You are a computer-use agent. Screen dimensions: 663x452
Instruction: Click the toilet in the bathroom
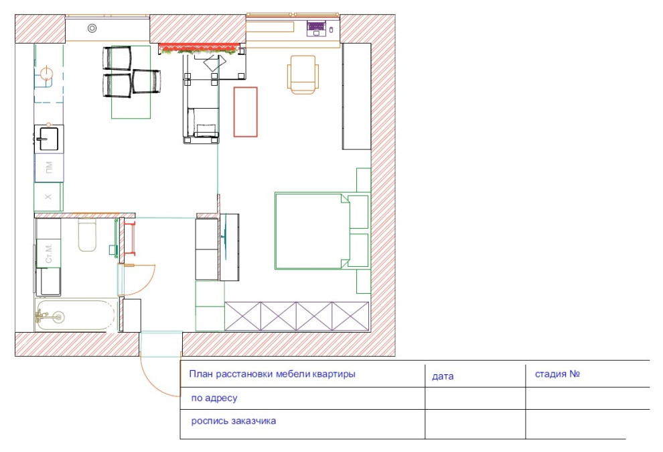[87, 235]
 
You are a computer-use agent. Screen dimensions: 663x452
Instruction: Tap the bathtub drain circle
[58, 316]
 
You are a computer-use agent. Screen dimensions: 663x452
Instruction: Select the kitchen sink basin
[48, 139]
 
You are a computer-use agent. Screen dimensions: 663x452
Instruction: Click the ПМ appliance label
[49, 168]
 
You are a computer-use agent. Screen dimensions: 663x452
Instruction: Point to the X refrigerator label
[48, 196]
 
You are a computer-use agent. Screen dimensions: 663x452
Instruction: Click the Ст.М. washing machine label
[49, 253]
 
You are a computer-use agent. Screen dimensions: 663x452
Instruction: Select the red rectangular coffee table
[246, 112]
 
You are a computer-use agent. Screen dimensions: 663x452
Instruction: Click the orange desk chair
[303, 74]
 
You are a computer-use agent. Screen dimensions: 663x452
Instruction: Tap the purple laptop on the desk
[316, 28]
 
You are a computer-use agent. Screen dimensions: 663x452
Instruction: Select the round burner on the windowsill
[92, 28]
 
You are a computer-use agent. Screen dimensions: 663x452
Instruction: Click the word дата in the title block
[443, 376]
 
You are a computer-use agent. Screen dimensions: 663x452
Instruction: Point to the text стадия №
[557, 374]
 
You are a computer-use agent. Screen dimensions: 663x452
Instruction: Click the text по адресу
[214, 398]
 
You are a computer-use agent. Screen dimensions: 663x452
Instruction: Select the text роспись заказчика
[234, 421]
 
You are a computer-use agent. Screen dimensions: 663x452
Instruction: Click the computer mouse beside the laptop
[331, 30]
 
